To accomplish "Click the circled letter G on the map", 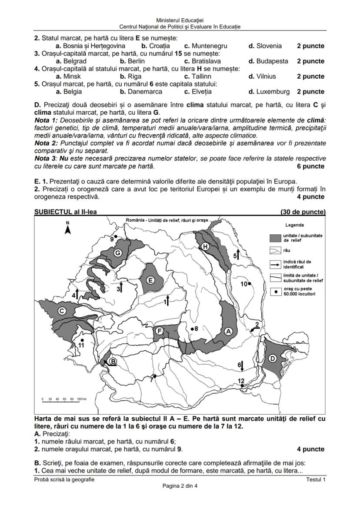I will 117,253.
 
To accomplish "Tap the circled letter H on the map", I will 206,246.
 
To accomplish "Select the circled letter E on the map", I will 150,280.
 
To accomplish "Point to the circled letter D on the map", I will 272,358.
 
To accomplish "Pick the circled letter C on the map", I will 62,310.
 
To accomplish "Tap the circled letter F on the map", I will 160,331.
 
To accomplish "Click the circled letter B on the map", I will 113,361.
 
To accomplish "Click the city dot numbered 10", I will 250,284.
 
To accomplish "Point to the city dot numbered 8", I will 192,329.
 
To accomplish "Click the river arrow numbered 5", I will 238,255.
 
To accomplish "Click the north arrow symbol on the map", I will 67,228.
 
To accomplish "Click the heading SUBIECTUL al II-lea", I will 65,212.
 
